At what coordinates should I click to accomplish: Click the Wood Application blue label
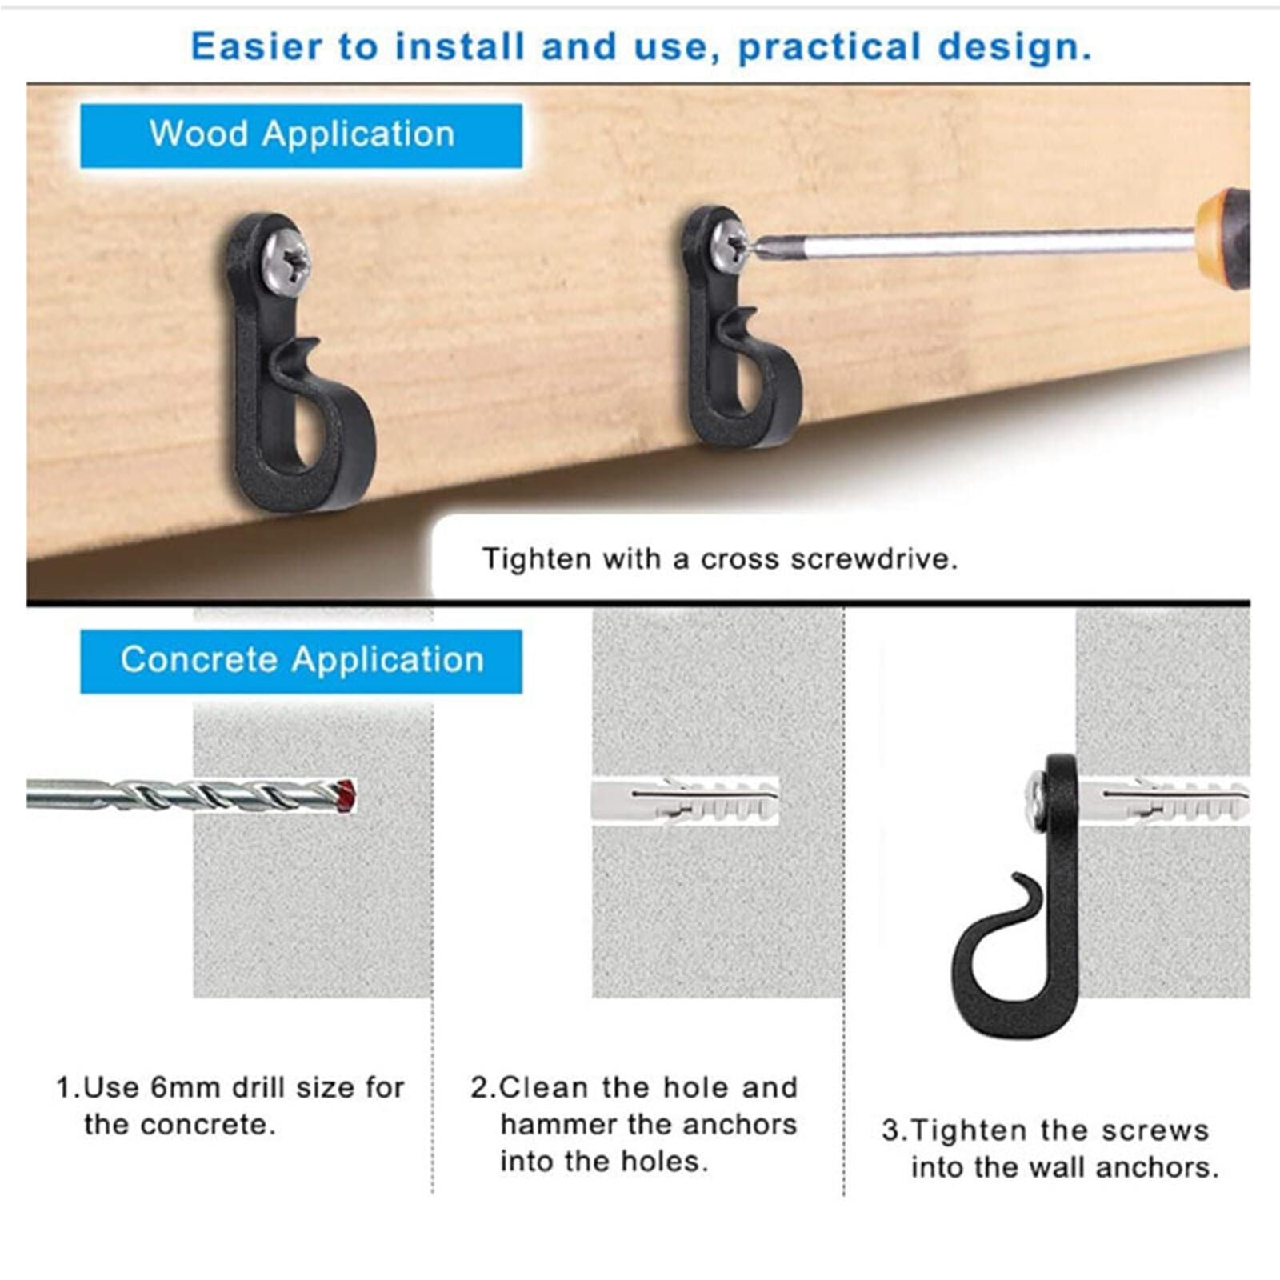[301, 134]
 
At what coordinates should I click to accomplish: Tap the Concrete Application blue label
[301, 661]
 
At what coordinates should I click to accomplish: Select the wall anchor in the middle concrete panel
[684, 800]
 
